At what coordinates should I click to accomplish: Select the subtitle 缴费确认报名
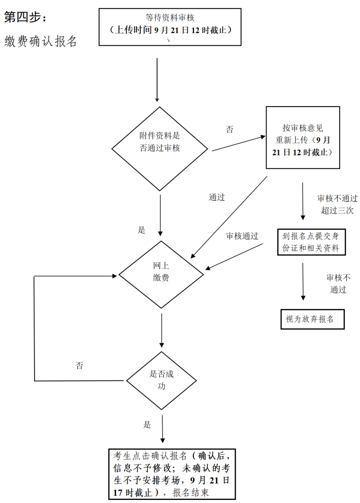coord(41,41)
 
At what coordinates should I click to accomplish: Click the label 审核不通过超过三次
coord(337,204)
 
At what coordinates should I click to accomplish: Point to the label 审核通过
coord(242,236)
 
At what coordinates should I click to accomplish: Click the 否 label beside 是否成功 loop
coord(79,365)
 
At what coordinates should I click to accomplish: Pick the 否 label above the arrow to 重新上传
coord(229,129)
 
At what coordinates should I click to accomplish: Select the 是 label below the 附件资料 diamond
coord(141,229)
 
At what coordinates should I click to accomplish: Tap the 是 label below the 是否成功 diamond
coord(147,425)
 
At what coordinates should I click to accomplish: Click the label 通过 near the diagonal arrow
coord(217,197)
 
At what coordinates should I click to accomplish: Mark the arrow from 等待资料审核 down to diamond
coord(157,80)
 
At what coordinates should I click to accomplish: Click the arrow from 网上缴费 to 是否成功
coord(162,330)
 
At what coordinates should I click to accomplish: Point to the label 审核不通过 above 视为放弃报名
coord(338,283)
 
